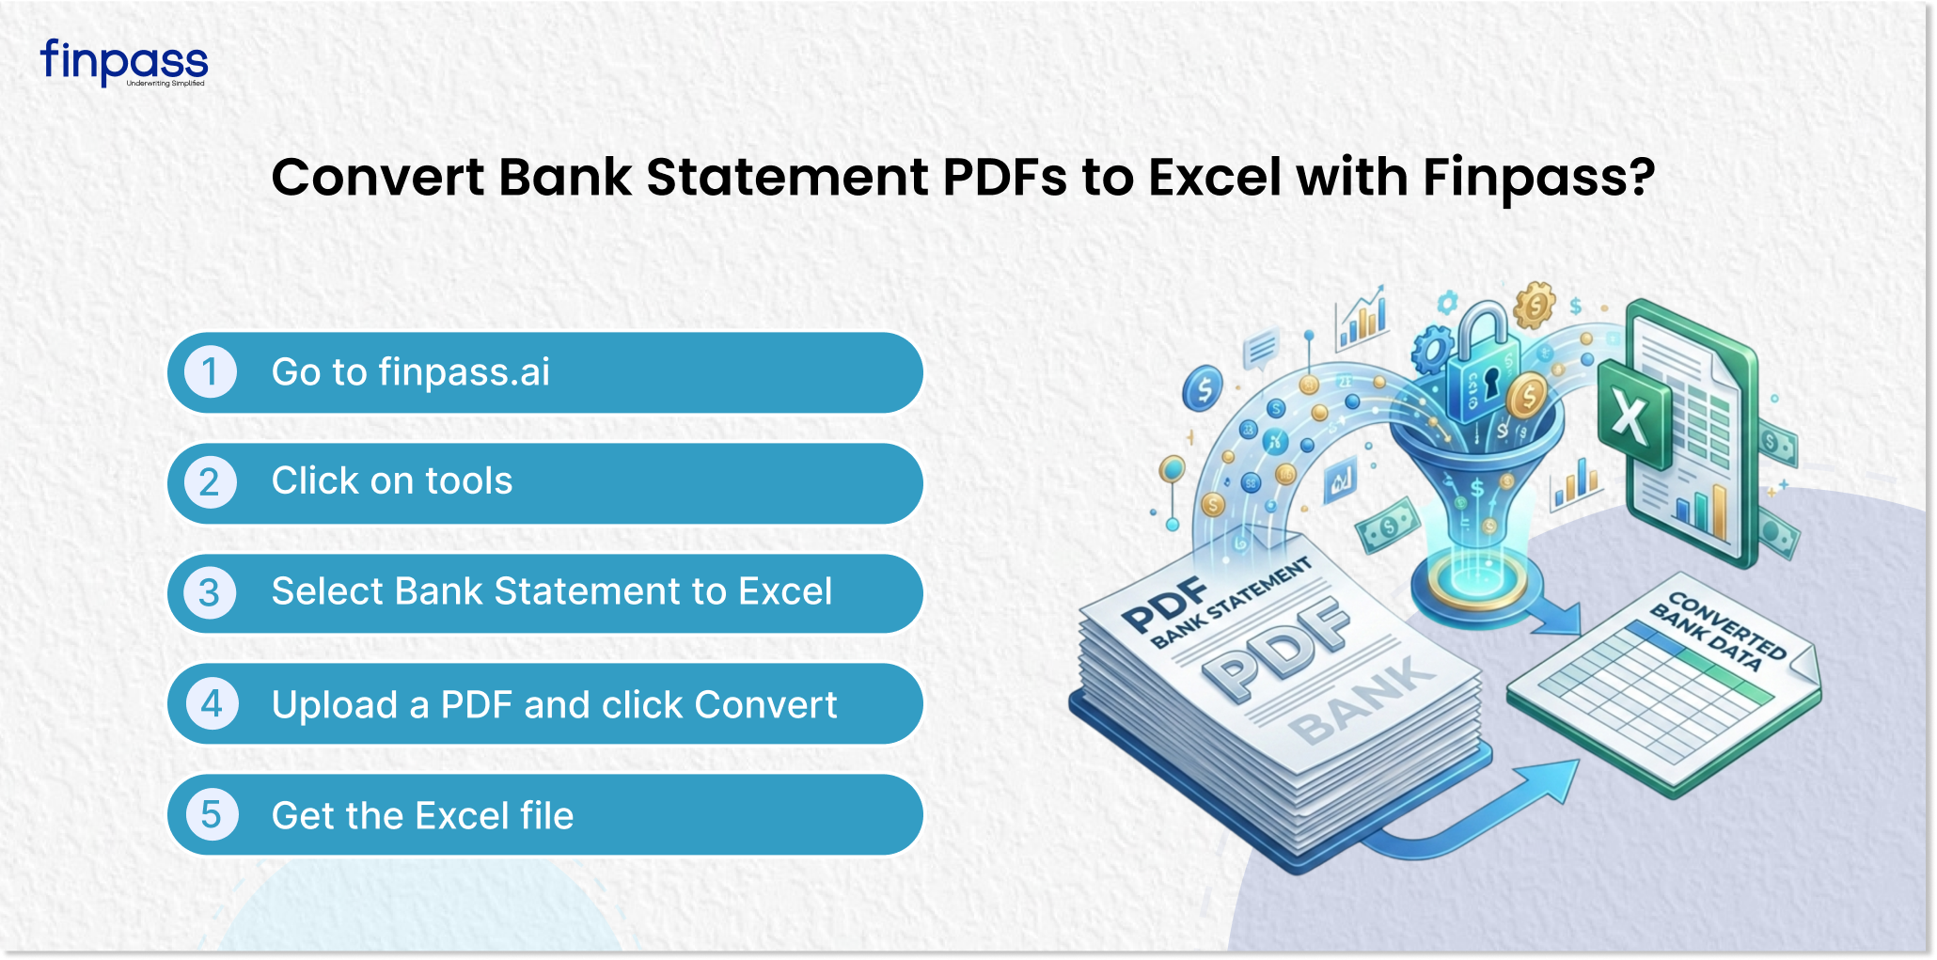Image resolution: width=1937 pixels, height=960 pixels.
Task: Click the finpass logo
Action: [x=123, y=62]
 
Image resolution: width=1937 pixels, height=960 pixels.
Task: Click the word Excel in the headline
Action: [x=1215, y=177]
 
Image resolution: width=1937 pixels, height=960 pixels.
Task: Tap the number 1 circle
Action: [x=211, y=371]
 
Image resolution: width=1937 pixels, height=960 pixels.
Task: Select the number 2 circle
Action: [x=211, y=482]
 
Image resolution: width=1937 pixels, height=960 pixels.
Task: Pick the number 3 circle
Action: [x=211, y=592]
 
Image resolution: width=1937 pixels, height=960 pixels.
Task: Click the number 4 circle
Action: [x=211, y=703]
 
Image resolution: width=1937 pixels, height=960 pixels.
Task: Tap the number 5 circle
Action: [x=211, y=814]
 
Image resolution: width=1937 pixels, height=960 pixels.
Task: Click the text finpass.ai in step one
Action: [x=465, y=372]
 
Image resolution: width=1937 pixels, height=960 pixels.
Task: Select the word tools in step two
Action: [x=469, y=481]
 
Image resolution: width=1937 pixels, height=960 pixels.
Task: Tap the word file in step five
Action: [x=546, y=815]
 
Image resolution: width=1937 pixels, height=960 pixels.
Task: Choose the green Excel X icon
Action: [x=1632, y=417]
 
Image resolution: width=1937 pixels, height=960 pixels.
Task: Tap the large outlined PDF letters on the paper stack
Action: [x=1277, y=649]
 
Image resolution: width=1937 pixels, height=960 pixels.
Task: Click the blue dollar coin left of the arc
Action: [x=1205, y=387]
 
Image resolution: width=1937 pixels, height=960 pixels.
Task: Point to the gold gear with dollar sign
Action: [x=1535, y=305]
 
